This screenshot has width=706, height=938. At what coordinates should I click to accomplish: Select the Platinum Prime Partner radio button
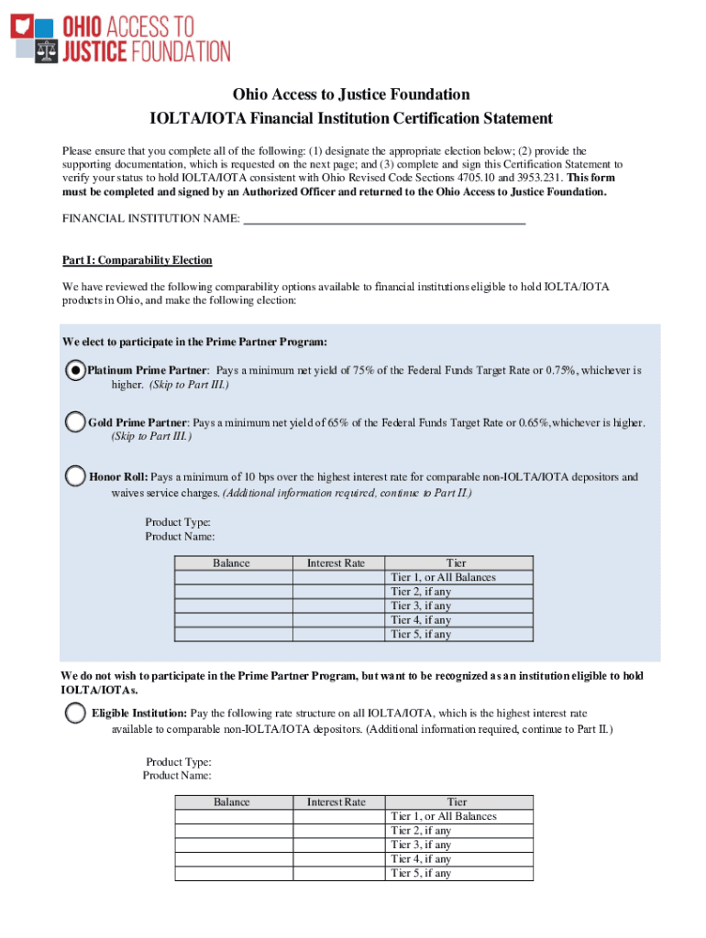tap(75, 371)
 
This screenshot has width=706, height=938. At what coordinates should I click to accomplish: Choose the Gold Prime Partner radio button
tap(75, 422)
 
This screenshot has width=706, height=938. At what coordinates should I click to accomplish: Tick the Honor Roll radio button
tap(75, 476)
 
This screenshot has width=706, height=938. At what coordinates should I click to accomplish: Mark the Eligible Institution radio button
tap(75, 713)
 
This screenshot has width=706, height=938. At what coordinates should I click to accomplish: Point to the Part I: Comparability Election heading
tap(137, 260)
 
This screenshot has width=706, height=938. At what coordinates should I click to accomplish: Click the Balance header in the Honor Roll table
tap(232, 563)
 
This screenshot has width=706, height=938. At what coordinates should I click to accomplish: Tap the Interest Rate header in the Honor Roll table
tap(336, 563)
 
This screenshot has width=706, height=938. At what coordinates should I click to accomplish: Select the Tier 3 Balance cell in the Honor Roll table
tap(232, 605)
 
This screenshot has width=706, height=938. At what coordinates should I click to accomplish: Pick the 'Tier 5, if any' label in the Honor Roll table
tap(421, 634)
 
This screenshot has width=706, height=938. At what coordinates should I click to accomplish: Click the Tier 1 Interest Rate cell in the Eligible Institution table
tap(336, 816)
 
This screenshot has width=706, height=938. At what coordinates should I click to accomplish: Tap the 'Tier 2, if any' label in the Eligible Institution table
tap(421, 831)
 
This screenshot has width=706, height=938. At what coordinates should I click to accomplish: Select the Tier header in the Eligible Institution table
tap(457, 802)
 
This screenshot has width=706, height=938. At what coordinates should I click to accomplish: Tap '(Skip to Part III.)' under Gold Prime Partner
tap(151, 437)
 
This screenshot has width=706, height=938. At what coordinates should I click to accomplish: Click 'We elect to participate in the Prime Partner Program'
tap(194, 342)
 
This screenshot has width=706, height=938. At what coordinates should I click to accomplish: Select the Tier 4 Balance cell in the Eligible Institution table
tap(232, 859)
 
